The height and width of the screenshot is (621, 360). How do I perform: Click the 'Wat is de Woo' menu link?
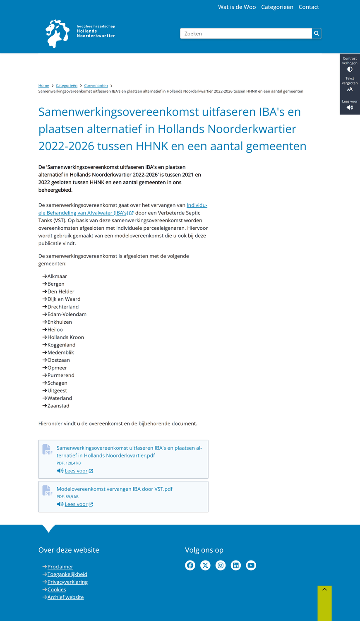pos(237,7)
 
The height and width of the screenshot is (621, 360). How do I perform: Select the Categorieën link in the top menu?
pos(277,7)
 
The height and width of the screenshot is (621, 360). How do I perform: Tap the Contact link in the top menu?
pos(309,7)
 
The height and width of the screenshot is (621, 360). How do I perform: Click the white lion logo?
pos(57,34)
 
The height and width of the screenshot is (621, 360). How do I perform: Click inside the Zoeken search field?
pos(246,34)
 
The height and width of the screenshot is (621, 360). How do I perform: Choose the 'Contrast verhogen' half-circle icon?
pos(350,70)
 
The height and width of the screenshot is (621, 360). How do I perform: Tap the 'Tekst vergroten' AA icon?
pos(350,89)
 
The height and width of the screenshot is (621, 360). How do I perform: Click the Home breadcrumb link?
pos(44,86)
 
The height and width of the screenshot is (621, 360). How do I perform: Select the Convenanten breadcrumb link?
pos(96,86)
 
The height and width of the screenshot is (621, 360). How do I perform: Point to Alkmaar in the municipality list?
pos(57,276)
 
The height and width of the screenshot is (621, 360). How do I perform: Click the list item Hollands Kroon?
pos(65,337)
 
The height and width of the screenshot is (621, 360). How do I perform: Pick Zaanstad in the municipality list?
pos(58,406)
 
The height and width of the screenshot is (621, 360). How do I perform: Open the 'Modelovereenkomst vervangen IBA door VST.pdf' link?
pos(115,489)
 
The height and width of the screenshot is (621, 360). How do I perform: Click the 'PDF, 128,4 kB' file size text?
pos(69,463)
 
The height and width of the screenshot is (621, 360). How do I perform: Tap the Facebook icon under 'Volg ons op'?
pos(190,565)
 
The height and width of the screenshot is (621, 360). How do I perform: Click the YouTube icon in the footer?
pos(251,565)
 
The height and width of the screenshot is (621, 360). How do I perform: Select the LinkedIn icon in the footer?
pos(236,565)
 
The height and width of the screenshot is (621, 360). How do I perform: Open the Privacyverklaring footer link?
pos(67,582)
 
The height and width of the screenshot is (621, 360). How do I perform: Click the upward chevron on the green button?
pos(325,589)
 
